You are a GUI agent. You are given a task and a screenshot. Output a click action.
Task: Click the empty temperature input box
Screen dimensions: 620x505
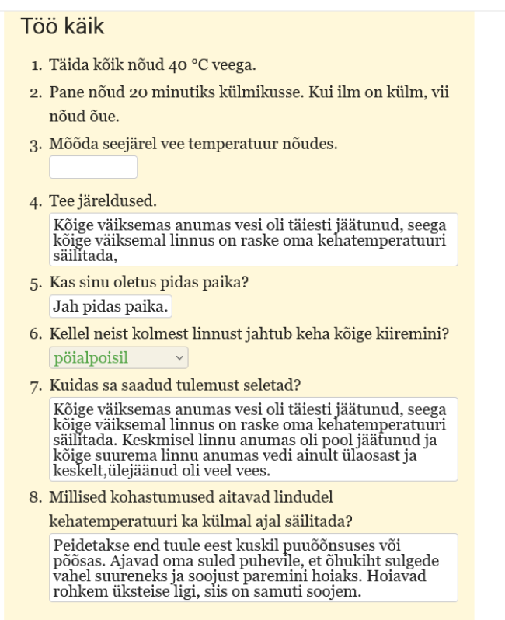[x=93, y=167]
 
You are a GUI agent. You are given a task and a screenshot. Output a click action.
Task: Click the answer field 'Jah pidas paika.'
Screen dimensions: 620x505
[x=110, y=306]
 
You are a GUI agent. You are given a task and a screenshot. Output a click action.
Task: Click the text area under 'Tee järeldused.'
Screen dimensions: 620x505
[x=252, y=239]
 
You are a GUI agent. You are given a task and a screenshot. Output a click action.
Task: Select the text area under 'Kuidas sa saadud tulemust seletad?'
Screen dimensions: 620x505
[x=252, y=438]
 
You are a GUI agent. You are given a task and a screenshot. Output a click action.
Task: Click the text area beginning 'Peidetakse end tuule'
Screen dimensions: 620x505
[x=252, y=567]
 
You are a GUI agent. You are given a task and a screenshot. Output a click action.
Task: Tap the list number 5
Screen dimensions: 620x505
[x=35, y=284]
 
